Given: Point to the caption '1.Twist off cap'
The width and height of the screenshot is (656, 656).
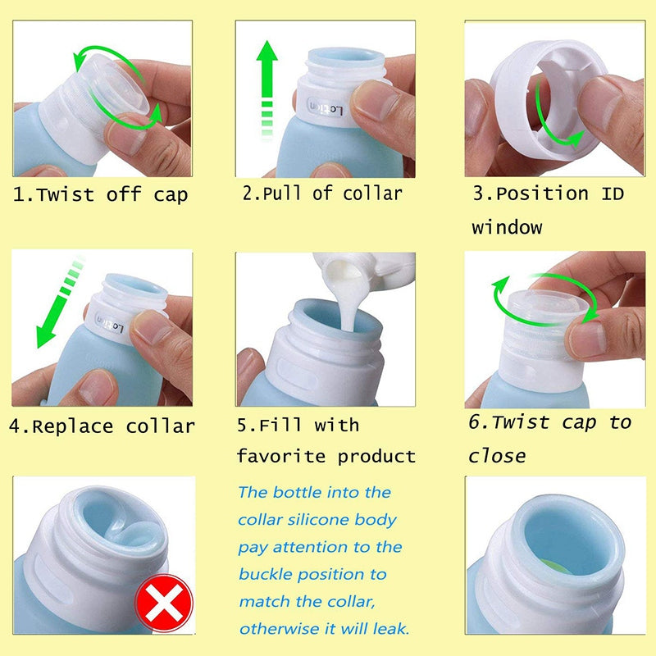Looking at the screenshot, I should (100, 195).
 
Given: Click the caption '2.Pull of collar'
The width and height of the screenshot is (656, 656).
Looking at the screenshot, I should (322, 194).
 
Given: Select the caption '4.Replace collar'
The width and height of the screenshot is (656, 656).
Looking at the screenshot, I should (102, 426).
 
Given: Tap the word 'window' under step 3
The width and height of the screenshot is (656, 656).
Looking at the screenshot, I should (506, 226).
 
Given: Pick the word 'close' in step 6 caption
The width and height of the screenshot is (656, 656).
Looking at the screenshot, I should (497, 455).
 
